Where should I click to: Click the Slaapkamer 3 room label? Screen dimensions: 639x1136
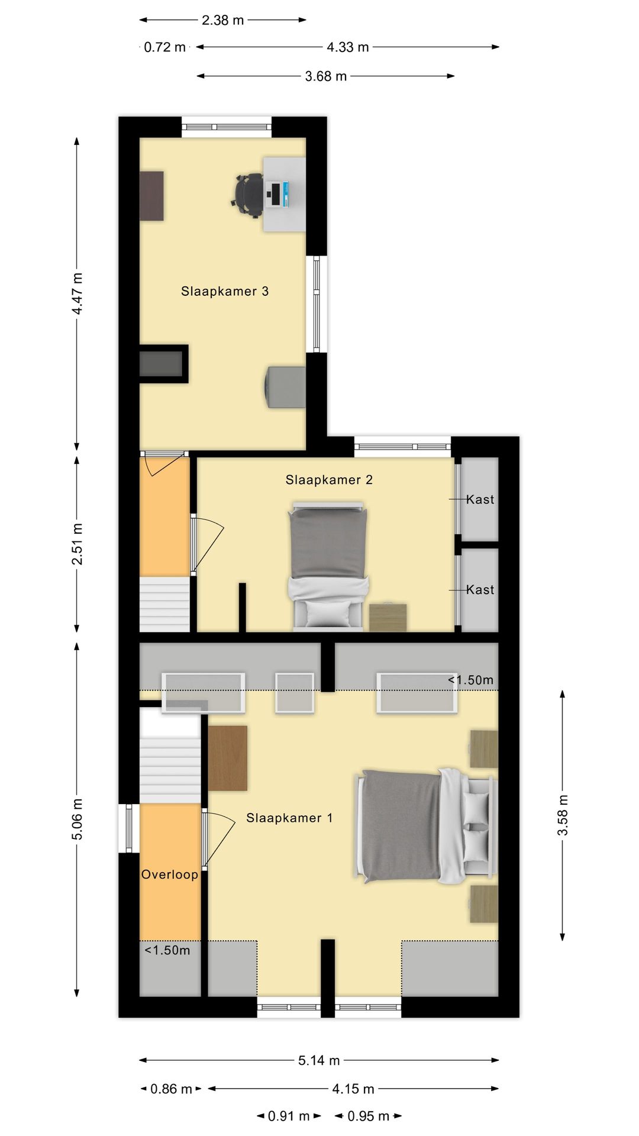225,291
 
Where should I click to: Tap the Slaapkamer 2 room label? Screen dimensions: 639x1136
329,480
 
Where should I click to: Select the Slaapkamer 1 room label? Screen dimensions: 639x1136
289,818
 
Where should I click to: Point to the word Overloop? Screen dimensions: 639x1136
170,874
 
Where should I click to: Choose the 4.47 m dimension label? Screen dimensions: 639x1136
77,294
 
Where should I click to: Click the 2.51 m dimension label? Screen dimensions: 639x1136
77,543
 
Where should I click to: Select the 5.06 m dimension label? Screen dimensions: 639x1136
77,819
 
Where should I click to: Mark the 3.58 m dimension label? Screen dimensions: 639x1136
562,815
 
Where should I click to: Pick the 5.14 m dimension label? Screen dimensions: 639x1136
319,1060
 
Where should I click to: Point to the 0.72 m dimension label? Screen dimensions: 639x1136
165,47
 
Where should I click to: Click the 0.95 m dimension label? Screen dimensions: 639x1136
368,1116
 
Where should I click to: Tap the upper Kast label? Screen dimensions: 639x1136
480,499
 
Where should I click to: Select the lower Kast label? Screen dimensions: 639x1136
480,589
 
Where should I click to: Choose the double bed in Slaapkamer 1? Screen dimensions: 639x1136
425,826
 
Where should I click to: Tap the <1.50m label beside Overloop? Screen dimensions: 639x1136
167,950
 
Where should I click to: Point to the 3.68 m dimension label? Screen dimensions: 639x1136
325,76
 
